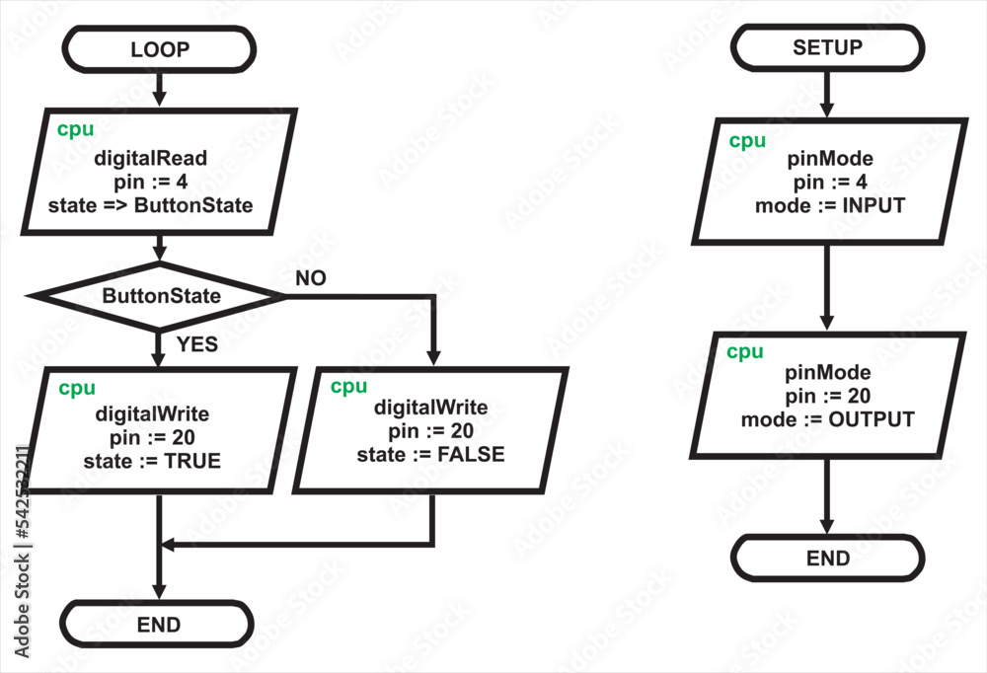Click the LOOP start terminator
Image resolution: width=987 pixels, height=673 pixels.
159,49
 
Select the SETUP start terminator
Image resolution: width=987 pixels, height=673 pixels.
827,47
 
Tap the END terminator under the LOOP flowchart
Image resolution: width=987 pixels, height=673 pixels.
158,624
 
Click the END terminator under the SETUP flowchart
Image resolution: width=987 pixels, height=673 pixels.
827,559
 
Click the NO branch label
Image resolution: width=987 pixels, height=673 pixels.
310,278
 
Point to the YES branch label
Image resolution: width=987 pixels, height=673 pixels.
196,344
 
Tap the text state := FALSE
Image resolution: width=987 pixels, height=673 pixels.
430,454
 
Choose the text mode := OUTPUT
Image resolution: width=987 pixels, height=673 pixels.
827,419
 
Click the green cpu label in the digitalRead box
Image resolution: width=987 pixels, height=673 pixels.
75,129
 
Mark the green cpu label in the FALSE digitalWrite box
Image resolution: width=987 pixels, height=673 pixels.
348,387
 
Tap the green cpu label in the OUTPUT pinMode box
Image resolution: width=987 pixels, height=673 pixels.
745,352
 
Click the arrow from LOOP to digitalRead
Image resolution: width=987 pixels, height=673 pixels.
159,91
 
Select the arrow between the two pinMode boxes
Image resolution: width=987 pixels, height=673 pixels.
827,286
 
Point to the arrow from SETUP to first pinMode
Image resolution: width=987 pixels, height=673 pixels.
827,93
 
